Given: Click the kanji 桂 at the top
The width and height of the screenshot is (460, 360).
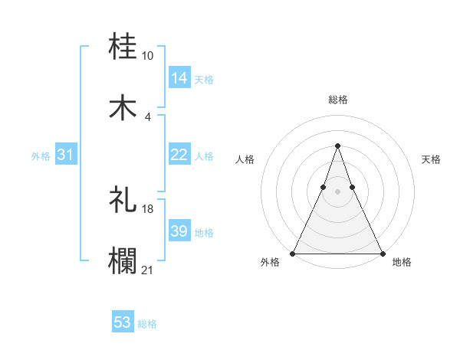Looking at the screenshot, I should (x=123, y=47).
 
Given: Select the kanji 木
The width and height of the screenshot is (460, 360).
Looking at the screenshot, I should (x=123, y=108).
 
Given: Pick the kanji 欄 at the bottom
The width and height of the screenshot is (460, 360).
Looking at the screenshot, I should (x=123, y=260).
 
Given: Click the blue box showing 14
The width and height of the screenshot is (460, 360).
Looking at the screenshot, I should (x=179, y=77).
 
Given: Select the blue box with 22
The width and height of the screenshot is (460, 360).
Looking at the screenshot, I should (x=179, y=155).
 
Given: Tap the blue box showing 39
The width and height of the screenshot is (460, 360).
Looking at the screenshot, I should (x=179, y=231).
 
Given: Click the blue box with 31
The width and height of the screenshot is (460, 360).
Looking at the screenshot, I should (x=66, y=155).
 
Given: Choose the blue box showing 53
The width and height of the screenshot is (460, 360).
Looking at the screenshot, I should (x=123, y=322).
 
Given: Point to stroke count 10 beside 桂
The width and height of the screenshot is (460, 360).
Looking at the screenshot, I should (x=148, y=56).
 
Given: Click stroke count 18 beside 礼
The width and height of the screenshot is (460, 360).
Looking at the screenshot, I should (x=148, y=208).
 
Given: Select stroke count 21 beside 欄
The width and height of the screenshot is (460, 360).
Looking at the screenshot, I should (x=148, y=269).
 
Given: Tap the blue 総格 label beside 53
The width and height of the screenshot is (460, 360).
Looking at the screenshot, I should (x=148, y=324).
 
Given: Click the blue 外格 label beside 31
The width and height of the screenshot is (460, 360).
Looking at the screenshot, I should (x=41, y=155).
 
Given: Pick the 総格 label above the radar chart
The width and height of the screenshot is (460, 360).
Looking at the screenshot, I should (x=337, y=100).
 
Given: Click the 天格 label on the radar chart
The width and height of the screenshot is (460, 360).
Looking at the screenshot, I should (x=432, y=159).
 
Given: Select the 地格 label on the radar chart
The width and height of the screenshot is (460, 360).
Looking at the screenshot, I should (x=402, y=262).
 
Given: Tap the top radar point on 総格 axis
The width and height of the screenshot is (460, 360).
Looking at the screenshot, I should (x=337, y=146).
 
